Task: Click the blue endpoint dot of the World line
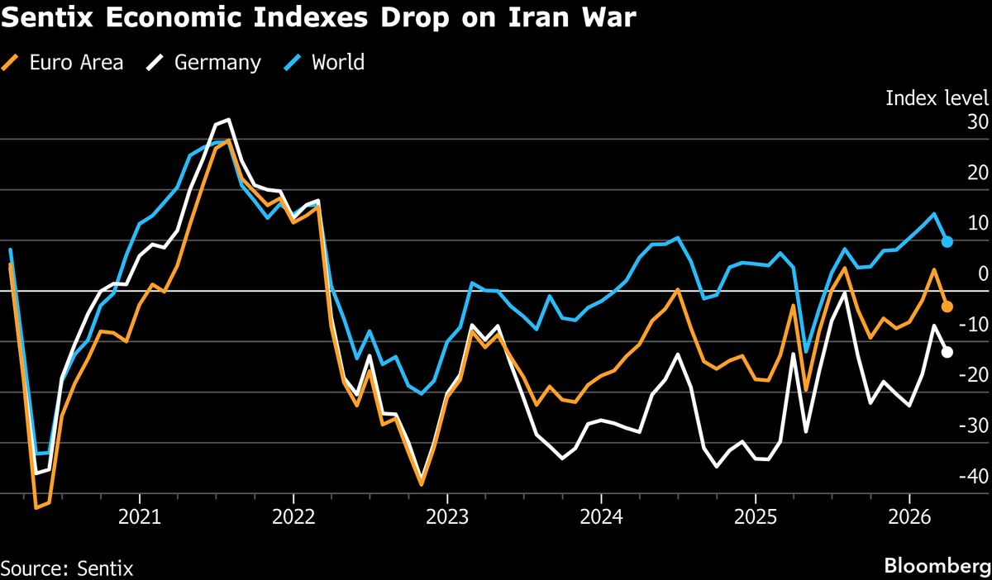pos(947,242)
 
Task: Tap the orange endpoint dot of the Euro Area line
pos(947,307)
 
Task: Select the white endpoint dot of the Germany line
pos(947,352)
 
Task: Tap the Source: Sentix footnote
pos(67,568)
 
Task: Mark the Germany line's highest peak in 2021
pos(228,120)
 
